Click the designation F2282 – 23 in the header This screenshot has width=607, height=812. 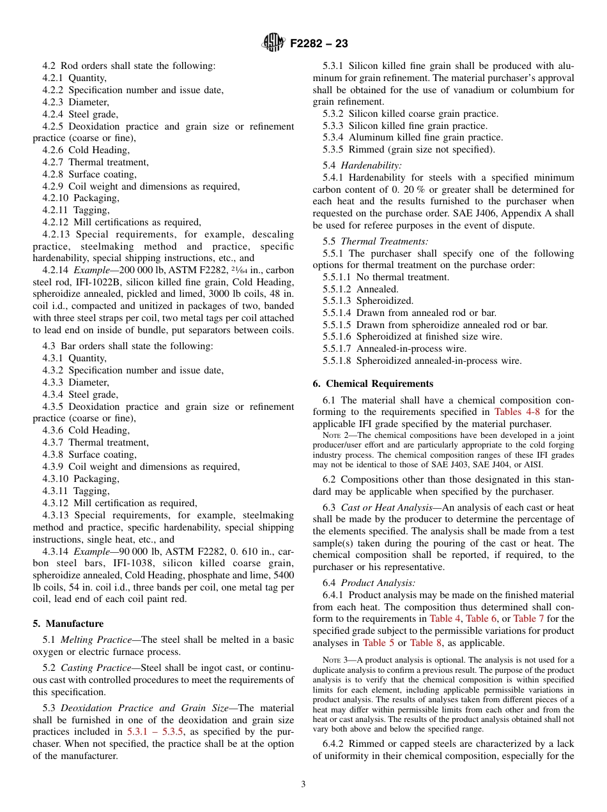click(319, 44)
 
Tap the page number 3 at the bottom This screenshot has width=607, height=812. click(303, 784)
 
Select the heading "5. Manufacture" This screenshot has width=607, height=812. click(68, 624)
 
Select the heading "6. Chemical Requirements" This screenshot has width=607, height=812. click(373, 384)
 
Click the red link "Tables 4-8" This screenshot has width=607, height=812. click(518, 412)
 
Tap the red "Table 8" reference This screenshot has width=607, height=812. click(426, 643)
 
